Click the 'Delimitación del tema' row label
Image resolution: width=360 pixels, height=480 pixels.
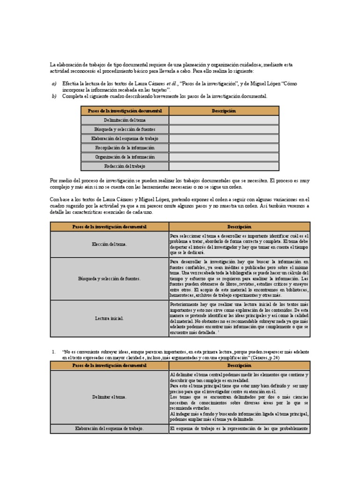tap(125, 120)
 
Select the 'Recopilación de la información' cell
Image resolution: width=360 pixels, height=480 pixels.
tap(125, 148)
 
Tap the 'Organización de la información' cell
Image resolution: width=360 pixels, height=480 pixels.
tap(125, 157)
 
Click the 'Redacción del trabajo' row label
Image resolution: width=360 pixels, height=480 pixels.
tap(125, 166)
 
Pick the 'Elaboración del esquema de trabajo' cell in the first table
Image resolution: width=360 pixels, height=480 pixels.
tap(125, 138)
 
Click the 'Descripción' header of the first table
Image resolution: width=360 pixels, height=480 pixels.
tap(224, 111)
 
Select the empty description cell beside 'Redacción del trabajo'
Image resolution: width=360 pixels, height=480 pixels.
tap(224, 166)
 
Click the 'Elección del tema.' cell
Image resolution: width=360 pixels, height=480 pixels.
tap(109, 244)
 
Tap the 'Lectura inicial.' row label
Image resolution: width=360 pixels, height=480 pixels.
tap(109, 318)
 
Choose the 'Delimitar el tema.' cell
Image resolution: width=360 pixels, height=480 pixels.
tap(109, 397)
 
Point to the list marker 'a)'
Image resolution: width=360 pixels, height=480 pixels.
tap(54, 83)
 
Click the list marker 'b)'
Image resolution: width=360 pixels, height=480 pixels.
tap(54, 96)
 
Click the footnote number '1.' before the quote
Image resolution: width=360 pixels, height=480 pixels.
tap(54, 351)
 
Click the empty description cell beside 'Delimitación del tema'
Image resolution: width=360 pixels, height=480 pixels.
tap(224, 120)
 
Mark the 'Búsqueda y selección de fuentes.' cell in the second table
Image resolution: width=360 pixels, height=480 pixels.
tap(109, 279)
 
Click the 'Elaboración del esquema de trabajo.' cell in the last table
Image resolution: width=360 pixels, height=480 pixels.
tap(109, 428)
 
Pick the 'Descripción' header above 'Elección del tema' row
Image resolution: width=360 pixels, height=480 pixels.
tap(239, 227)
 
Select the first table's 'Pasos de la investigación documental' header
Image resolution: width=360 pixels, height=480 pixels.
tap(125, 111)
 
